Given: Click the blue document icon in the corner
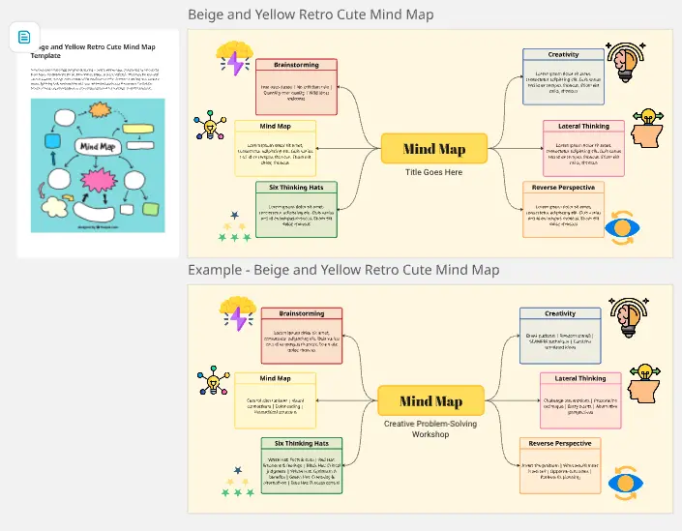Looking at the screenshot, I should coord(24,37).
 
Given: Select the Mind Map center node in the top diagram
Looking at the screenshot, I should coord(433,149).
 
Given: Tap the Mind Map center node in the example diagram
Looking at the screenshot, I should coord(430,401).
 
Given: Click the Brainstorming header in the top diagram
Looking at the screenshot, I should coord(297,66).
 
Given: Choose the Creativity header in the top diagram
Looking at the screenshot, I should coord(563,55).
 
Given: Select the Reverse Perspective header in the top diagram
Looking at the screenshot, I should coord(563,187).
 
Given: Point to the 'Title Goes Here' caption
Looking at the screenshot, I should coord(433,172).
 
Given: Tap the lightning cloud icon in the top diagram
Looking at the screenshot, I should coord(234,59).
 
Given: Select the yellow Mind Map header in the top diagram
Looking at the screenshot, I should coord(276,126).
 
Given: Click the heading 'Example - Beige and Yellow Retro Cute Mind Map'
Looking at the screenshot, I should coord(343,270).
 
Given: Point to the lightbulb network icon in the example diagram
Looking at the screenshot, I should coord(210,380).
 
